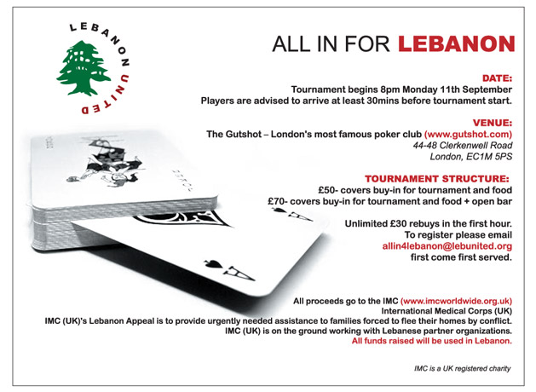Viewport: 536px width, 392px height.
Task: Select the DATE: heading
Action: pyautogui.click(x=494, y=76)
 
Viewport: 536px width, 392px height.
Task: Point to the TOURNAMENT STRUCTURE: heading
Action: pyautogui.click(x=442, y=177)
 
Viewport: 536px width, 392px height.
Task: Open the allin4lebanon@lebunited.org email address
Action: pyautogui.click(x=447, y=245)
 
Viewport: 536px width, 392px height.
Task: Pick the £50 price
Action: pyautogui.click(x=307, y=189)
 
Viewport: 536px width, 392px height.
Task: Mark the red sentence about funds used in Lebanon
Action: pyautogui.click(x=432, y=341)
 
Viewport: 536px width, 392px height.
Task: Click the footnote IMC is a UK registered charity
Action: pyautogui.click(x=458, y=367)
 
